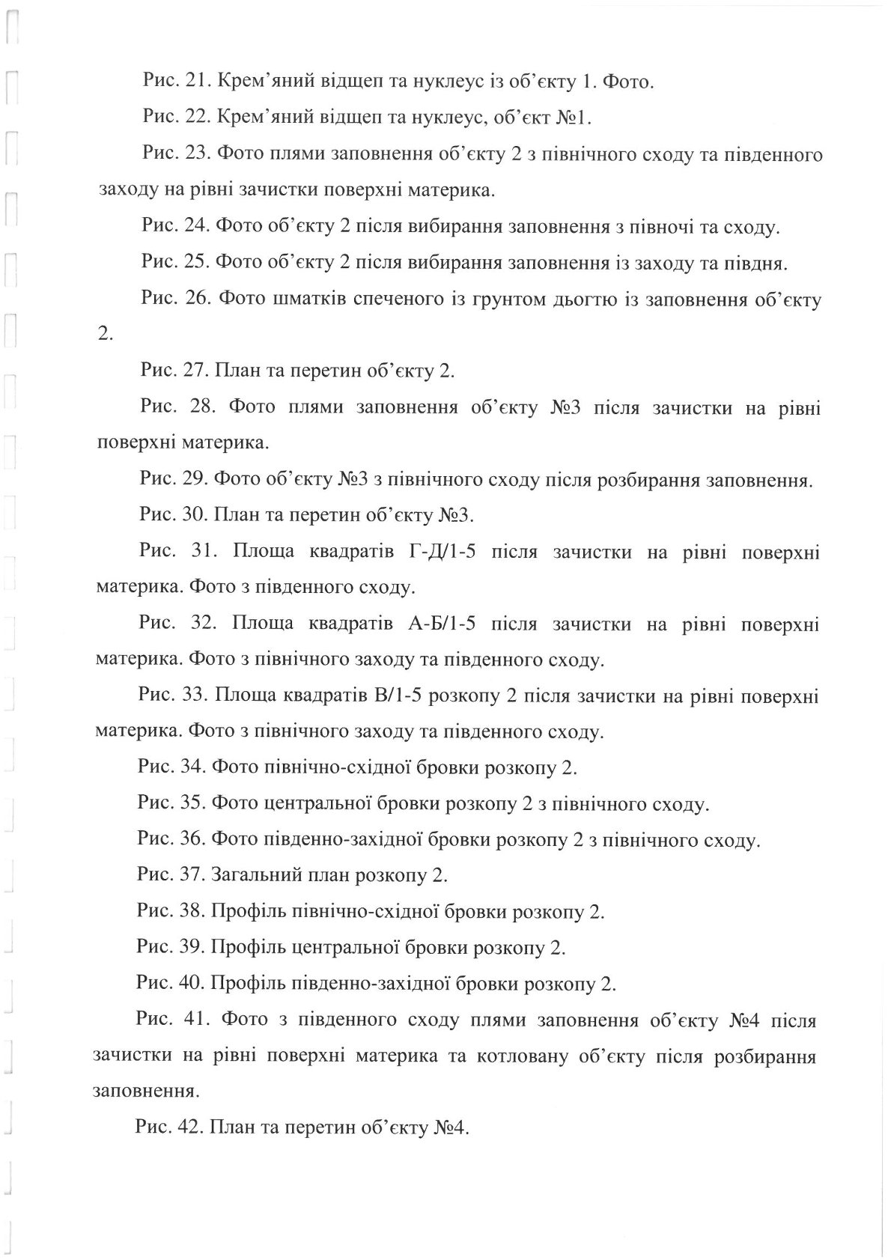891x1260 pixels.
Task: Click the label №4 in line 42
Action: point(450,1127)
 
